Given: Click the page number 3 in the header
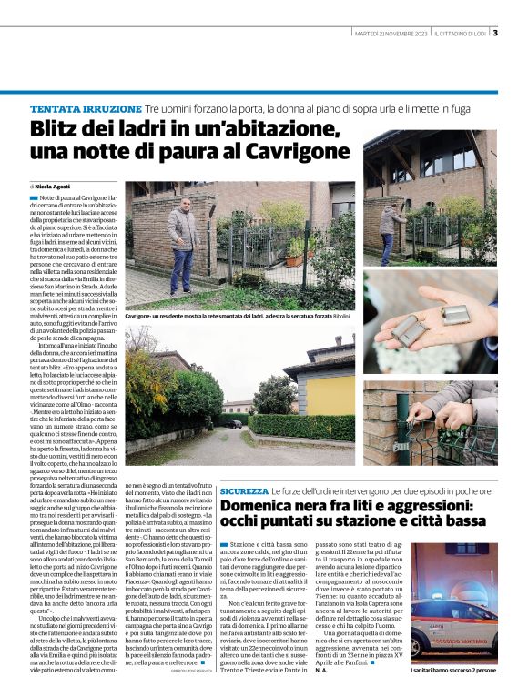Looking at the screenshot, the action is [495, 34].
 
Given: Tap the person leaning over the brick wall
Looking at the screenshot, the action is [391, 223].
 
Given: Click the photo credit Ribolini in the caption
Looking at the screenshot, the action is [340, 316].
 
